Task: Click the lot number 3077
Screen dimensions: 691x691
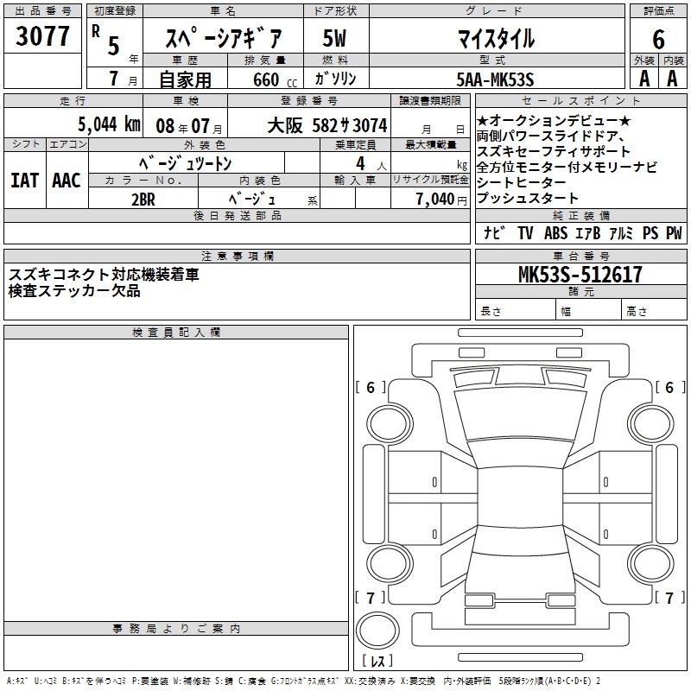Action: [42, 35]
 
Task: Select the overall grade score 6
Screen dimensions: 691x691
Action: [658, 39]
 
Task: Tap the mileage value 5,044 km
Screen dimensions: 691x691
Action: [109, 124]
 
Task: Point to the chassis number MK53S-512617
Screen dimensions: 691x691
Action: [580, 274]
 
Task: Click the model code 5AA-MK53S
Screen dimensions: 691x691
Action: [495, 79]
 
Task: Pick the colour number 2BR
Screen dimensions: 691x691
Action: [143, 200]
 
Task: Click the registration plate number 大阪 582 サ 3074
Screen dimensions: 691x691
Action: [327, 125]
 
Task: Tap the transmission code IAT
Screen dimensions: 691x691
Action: [25, 181]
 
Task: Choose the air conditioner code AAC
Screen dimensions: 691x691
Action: [67, 181]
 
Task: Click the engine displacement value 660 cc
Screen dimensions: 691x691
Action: [275, 80]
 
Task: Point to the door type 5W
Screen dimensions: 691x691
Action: [334, 38]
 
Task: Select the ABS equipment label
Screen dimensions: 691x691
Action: [555, 233]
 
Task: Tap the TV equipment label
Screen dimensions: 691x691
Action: [525, 233]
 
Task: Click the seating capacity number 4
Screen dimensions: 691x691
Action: [360, 163]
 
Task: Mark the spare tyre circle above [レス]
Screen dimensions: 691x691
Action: [377, 631]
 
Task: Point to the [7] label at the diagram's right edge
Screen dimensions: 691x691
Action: [669, 598]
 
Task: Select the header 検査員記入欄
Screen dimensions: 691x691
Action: [176, 333]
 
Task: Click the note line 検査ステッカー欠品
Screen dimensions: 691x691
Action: [74, 291]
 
